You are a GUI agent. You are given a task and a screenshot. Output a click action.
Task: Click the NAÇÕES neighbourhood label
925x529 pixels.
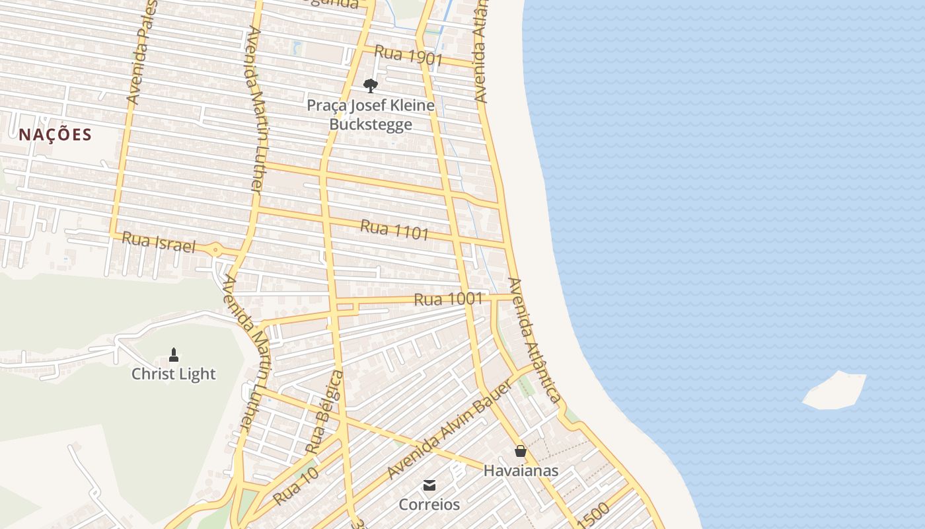click(55, 135)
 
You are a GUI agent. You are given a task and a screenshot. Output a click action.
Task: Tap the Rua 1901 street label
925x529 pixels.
click(408, 56)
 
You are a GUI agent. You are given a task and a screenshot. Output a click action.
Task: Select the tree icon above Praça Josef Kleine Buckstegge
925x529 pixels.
click(371, 85)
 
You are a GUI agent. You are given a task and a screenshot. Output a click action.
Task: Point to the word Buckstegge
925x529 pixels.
click(371, 124)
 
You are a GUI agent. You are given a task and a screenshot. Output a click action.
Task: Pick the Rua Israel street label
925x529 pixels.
click(159, 242)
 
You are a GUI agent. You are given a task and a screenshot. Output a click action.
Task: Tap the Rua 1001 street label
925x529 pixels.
click(448, 299)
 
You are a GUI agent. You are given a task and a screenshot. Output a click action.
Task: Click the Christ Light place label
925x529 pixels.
click(173, 374)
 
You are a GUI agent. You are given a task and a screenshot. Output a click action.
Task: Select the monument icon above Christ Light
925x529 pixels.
click(174, 355)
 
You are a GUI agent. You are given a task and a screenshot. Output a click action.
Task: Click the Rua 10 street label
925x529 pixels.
click(296, 486)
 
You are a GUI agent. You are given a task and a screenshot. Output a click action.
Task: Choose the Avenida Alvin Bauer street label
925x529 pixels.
click(450, 430)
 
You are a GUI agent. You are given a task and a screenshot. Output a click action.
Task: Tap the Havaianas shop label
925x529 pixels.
click(521, 471)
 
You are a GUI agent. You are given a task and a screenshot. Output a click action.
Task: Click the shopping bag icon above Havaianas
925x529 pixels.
click(521, 452)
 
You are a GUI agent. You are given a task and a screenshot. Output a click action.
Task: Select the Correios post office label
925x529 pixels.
click(429, 505)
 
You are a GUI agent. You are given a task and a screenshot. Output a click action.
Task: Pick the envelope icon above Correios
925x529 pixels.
click(429, 486)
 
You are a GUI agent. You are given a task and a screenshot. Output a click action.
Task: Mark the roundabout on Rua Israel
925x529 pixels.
click(216, 249)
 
